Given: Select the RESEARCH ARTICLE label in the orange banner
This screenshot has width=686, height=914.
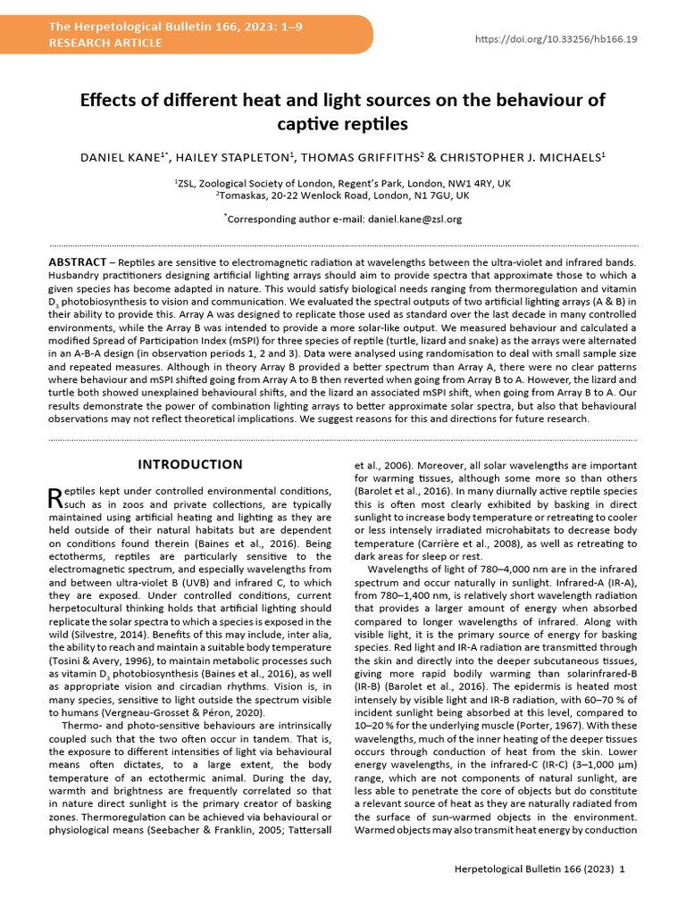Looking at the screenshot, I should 105,43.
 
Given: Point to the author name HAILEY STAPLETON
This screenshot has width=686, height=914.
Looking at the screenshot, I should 234,158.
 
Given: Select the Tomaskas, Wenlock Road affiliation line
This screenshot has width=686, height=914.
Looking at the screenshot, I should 343,195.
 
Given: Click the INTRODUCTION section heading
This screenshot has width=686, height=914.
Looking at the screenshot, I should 189,464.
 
